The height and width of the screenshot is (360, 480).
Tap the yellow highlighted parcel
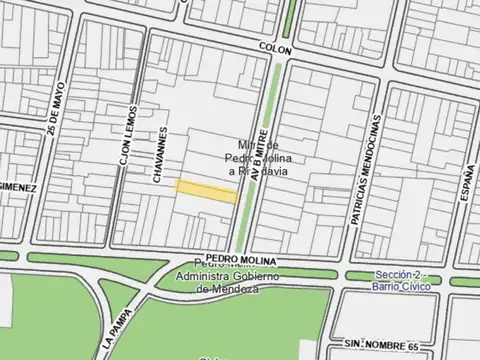[x=207, y=191]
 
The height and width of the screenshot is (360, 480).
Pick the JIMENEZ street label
[x=18, y=187]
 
